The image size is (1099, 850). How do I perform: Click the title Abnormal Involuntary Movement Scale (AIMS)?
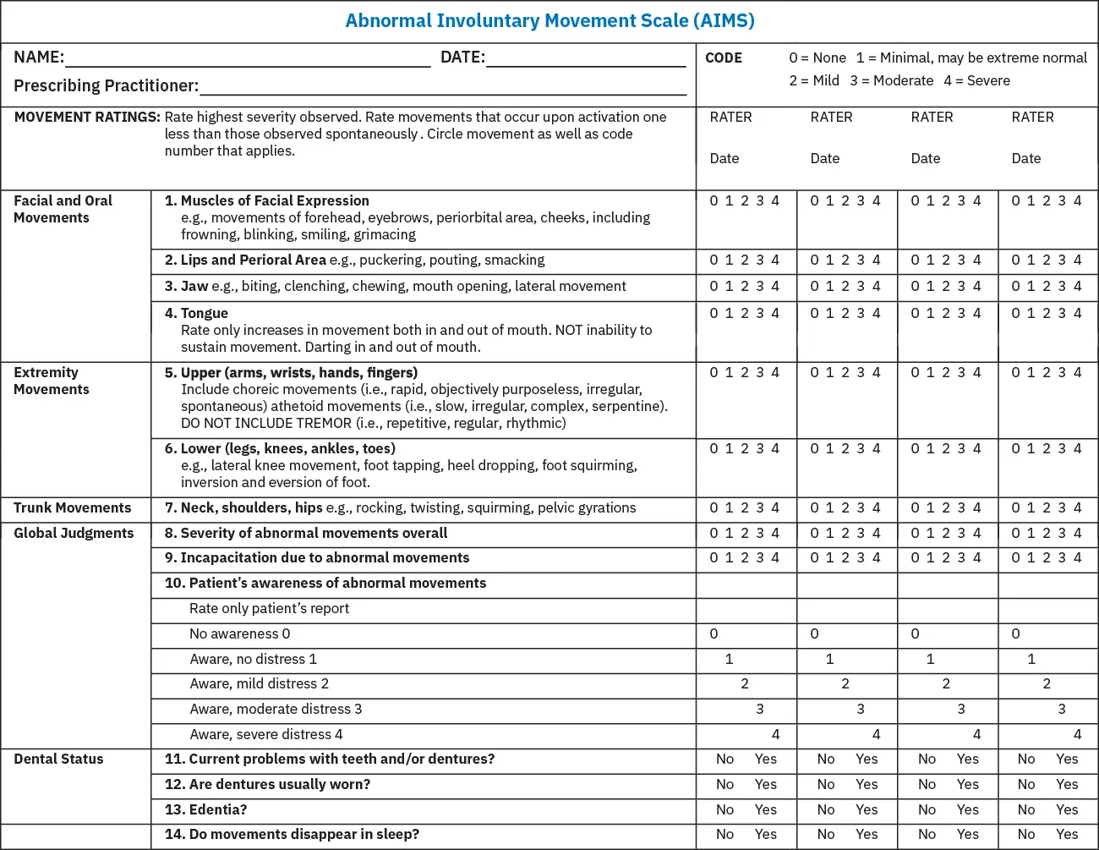click(549, 21)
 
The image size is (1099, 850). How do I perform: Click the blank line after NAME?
click(248, 59)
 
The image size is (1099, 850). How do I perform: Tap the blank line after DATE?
click(586, 59)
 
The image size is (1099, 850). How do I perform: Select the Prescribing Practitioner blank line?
click(442, 87)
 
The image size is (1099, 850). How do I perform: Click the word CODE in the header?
click(724, 58)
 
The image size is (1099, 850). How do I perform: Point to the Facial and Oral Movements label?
click(63, 209)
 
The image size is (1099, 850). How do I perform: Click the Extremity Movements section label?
click(52, 381)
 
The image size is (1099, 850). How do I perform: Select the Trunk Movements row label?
click(73, 507)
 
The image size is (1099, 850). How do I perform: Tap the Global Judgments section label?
click(74, 533)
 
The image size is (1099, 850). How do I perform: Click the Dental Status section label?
click(58, 759)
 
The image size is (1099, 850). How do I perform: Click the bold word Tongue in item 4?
click(205, 313)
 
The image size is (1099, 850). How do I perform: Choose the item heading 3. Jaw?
click(186, 286)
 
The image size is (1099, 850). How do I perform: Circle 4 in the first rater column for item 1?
click(775, 200)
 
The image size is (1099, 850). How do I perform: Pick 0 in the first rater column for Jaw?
click(714, 286)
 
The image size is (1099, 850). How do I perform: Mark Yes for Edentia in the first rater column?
click(765, 809)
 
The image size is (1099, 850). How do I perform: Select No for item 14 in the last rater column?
click(1026, 834)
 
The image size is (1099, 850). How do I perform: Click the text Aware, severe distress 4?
click(266, 734)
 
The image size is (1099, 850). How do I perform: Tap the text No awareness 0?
click(239, 633)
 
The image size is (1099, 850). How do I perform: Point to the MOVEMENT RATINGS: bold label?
click(87, 117)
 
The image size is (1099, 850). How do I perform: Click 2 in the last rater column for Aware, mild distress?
click(1047, 683)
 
